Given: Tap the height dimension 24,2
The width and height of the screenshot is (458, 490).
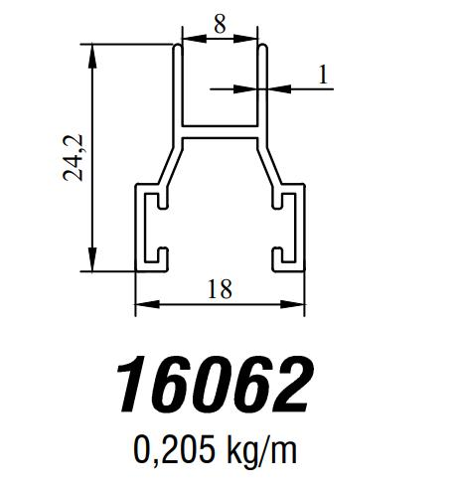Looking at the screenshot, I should click(74, 156).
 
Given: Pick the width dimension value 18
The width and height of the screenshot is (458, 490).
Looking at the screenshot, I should click(220, 289).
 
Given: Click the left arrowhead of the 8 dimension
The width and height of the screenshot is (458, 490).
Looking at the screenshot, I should click(186, 40).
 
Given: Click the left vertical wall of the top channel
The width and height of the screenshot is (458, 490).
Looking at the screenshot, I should click(180, 89).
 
